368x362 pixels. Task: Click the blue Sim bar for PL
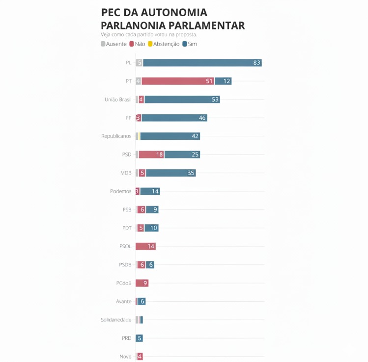point(202,63)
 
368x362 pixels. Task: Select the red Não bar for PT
point(178,81)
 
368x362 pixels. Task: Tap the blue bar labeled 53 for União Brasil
point(182,100)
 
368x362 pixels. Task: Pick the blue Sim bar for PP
point(174,118)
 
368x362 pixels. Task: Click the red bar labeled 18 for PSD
point(151,155)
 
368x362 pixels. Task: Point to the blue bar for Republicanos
point(170,136)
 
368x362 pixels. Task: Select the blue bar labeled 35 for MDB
point(170,173)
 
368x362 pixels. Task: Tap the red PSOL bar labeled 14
point(146,246)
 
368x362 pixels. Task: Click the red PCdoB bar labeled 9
point(142,283)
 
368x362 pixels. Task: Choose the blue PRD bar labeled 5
point(140,338)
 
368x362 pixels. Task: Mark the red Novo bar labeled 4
point(140,357)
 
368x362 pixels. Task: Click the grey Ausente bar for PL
point(139,63)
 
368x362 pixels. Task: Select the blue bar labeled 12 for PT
point(223,81)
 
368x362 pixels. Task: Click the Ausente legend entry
point(113,44)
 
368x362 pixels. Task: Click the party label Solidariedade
point(116,320)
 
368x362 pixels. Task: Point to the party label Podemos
point(120,191)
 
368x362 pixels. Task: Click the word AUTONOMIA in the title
point(171,13)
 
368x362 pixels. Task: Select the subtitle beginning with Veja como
point(149,34)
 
